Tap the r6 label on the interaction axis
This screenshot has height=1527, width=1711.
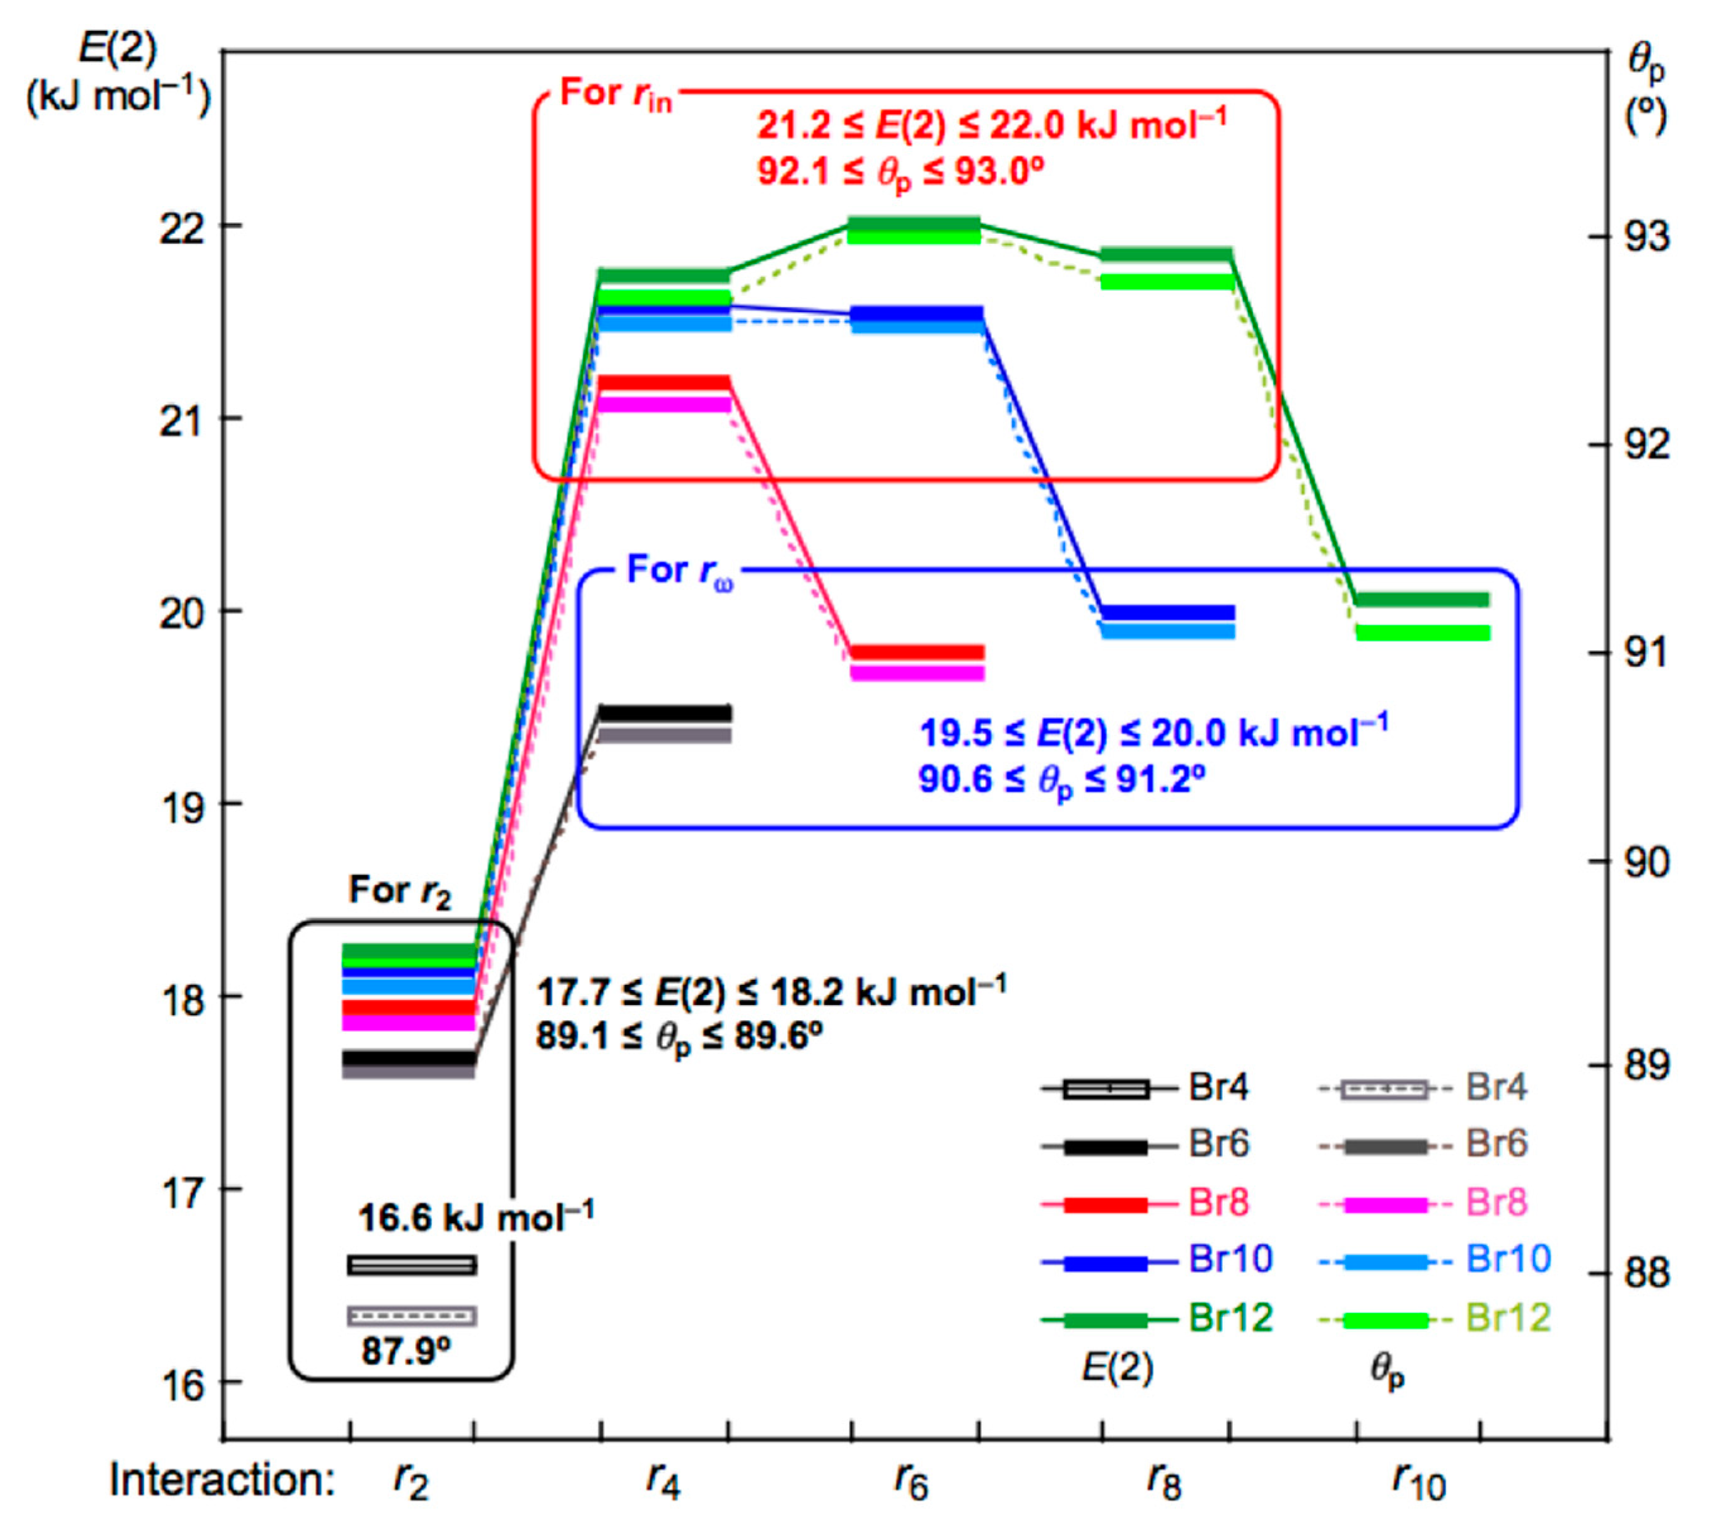(x=911, y=1482)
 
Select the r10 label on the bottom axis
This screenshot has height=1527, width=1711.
(x=1419, y=1482)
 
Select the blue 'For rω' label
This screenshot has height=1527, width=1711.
(x=680, y=571)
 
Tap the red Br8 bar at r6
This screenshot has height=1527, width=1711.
(x=916, y=653)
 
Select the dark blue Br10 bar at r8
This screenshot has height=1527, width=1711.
(x=1167, y=612)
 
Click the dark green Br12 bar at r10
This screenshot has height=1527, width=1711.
(x=1422, y=599)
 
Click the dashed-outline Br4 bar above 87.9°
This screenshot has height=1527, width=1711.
(x=412, y=1316)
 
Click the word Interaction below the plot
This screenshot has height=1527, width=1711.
(x=223, y=1481)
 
